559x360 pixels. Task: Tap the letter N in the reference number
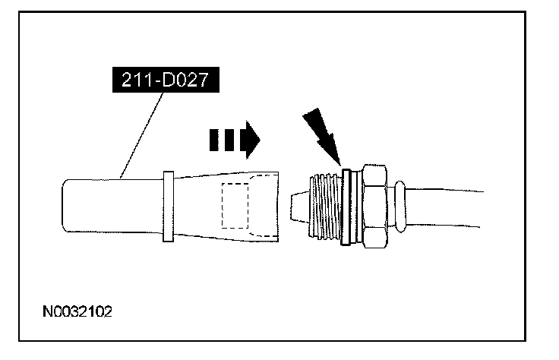(47, 312)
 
